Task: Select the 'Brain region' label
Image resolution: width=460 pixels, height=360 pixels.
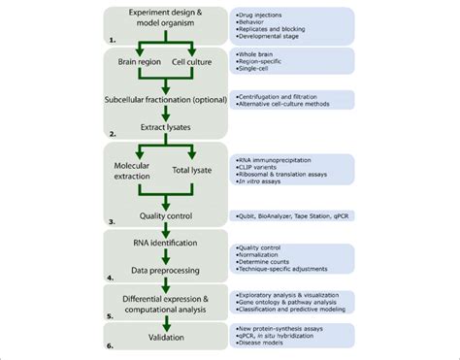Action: [x=141, y=61]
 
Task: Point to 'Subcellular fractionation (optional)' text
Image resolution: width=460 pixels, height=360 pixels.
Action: [x=168, y=99]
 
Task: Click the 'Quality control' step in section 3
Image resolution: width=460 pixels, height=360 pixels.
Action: [x=168, y=215]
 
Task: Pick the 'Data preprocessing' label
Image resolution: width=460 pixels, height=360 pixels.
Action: [x=168, y=273]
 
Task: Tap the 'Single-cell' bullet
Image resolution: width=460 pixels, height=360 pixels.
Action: [x=259, y=71]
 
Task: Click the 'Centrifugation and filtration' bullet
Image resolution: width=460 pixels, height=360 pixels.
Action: [x=282, y=95]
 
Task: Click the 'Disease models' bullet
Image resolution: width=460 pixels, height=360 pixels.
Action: [x=265, y=346]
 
